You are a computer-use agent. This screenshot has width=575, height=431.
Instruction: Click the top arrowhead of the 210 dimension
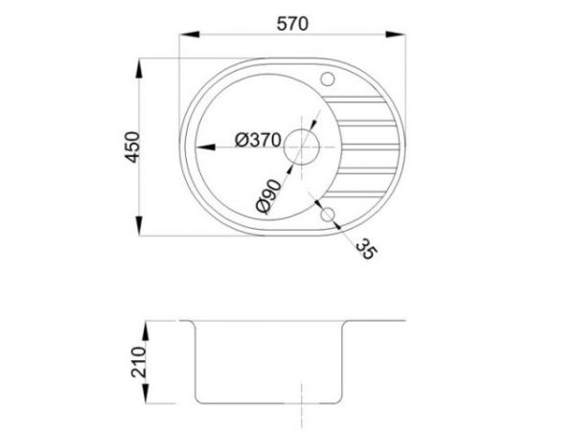[147, 326]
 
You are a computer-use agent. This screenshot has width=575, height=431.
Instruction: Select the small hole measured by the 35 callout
[328, 213]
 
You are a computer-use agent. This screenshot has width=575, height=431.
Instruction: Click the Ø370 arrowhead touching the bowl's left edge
[198, 147]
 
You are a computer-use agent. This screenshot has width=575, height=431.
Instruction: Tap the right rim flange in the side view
[379, 322]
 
